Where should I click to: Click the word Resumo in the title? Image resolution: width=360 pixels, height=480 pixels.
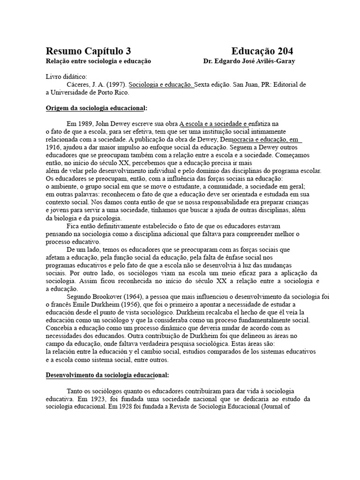(63, 52)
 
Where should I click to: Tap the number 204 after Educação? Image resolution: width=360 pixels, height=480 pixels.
(284, 52)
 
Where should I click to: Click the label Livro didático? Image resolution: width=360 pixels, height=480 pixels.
(66, 77)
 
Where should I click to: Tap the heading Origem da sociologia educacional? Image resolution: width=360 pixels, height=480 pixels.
(96, 108)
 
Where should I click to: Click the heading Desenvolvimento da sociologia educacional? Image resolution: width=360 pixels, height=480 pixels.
(107, 375)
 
